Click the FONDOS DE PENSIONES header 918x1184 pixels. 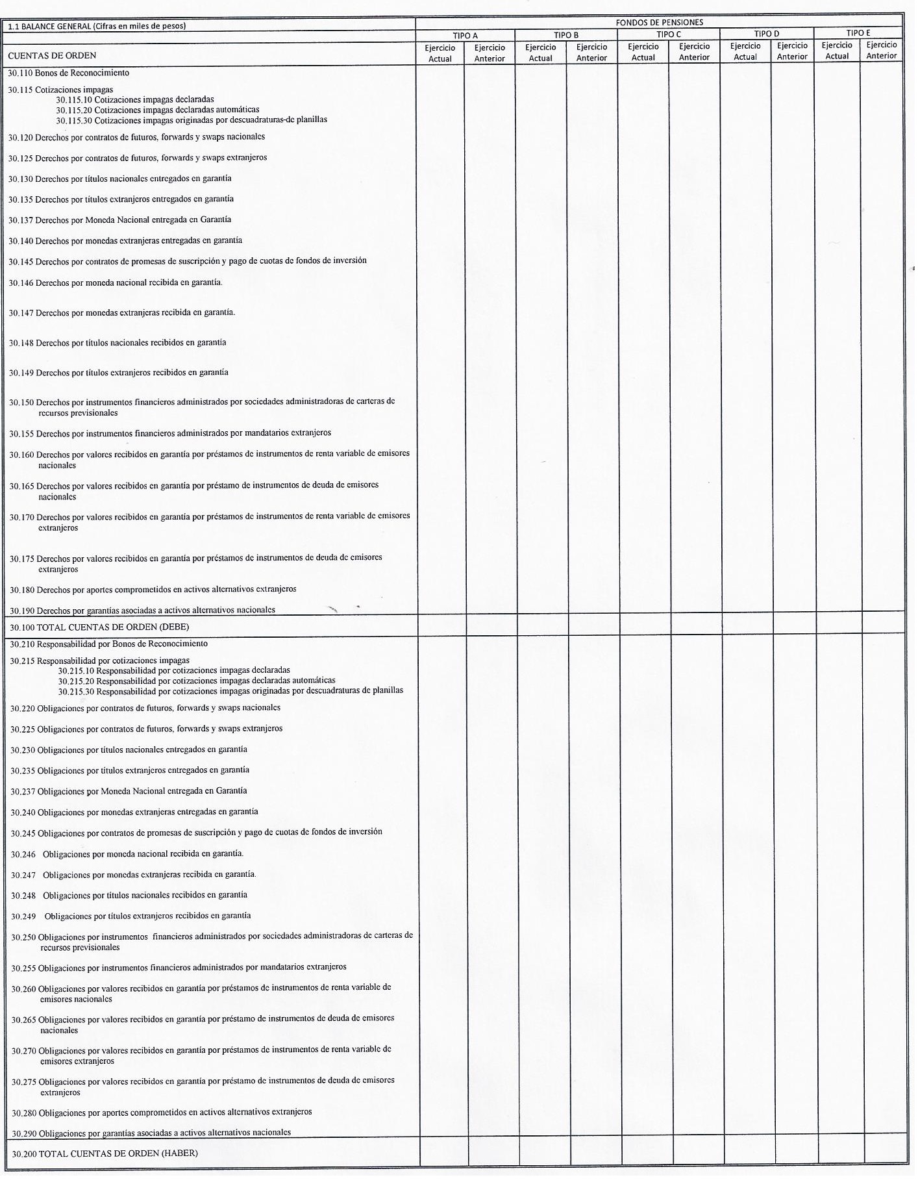(x=659, y=23)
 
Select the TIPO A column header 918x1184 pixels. (x=465, y=36)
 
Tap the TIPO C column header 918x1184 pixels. (x=669, y=34)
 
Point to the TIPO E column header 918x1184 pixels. (x=858, y=33)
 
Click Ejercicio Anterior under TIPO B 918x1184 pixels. (x=591, y=53)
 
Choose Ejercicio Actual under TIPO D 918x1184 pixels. (x=745, y=51)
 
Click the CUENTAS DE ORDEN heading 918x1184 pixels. (x=52, y=56)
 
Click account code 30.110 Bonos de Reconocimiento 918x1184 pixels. (x=69, y=73)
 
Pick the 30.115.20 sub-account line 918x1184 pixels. (x=157, y=110)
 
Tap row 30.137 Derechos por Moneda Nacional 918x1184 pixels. (x=119, y=220)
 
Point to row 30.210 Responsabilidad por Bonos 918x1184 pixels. (x=109, y=644)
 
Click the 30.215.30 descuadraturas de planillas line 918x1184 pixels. (x=230, y=690)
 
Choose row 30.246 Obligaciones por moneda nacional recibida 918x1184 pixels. (x=127, y=853)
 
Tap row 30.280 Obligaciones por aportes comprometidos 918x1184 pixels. (x=162, y=1112)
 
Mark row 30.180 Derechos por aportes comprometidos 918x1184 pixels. (x=153, y=590)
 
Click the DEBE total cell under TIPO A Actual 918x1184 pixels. (x=441, y=627)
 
